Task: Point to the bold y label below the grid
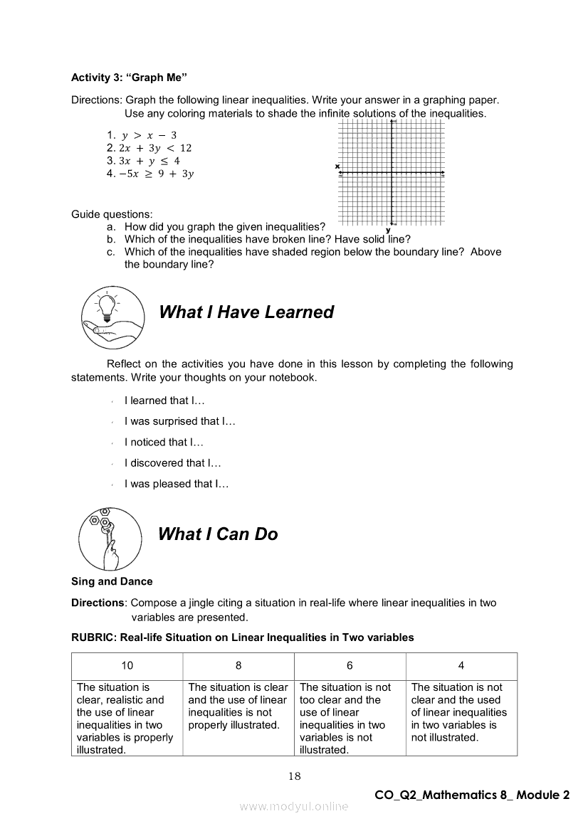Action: [x=388, y=230]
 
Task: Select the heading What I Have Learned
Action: [x=246, y=312]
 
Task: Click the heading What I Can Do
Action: [x=218, y=534]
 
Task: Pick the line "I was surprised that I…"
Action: [x=179, y=421]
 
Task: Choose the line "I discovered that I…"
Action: [x=173, y=463]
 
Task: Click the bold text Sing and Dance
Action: [x=112, y=581]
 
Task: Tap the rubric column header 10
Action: [x=127, y=666]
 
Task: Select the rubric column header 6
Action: [x=350, y=666]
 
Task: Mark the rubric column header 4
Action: [x=461, y=666]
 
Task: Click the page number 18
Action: [x=295, y=776]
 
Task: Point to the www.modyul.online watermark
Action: [x=294, y=806]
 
